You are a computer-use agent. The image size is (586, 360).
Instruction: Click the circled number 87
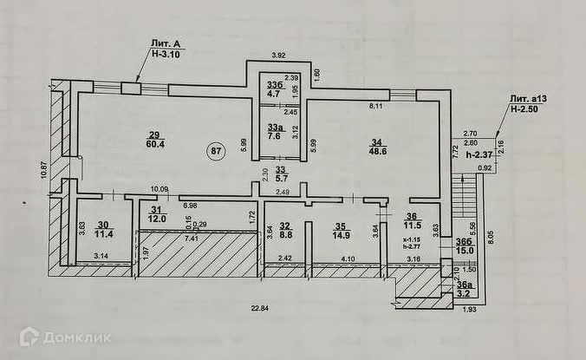(218, 151)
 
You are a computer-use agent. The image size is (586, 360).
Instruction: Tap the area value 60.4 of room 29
(154, 146)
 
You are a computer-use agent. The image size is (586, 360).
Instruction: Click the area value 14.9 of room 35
(340, 233)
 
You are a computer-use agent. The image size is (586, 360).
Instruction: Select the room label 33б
(274, 83)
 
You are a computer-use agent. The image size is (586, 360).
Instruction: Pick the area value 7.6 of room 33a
(274, 134)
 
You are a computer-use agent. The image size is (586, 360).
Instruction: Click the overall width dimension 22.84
(251, 307)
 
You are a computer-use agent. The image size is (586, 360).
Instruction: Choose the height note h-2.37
(479, 154)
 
